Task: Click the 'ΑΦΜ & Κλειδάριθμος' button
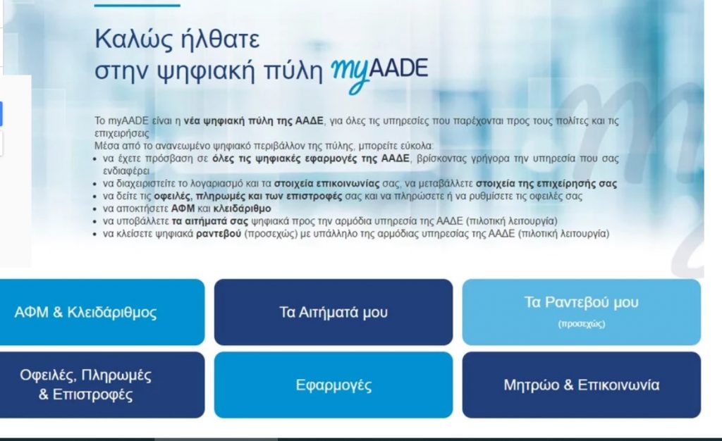[x=102, y=312]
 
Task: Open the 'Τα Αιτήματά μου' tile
[x=334, y=312]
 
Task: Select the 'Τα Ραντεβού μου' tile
[x=582, y=312]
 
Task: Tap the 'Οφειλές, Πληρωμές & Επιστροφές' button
[x=102, y=385]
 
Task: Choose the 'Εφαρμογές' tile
[x=334, y=385]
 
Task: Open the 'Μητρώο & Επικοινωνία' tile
[x=582, y=385]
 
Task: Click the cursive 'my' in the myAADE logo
[x=350, y=73]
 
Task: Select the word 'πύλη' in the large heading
[x=293, y=70]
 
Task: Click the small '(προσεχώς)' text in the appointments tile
[x=582, y=324]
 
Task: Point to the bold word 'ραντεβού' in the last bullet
[x=219, y=234]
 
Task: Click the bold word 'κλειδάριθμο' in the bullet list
[x=243, y=209]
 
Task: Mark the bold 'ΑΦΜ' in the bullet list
[x=183, y=209]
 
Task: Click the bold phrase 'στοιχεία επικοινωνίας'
[x=327, y=183]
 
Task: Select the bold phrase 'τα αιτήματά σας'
[x=210, y=221]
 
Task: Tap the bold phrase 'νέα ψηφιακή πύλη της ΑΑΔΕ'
[x=253, y=121]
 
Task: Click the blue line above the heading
[x=137, y=6]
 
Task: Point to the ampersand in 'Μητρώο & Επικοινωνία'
[x=568, y=385]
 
